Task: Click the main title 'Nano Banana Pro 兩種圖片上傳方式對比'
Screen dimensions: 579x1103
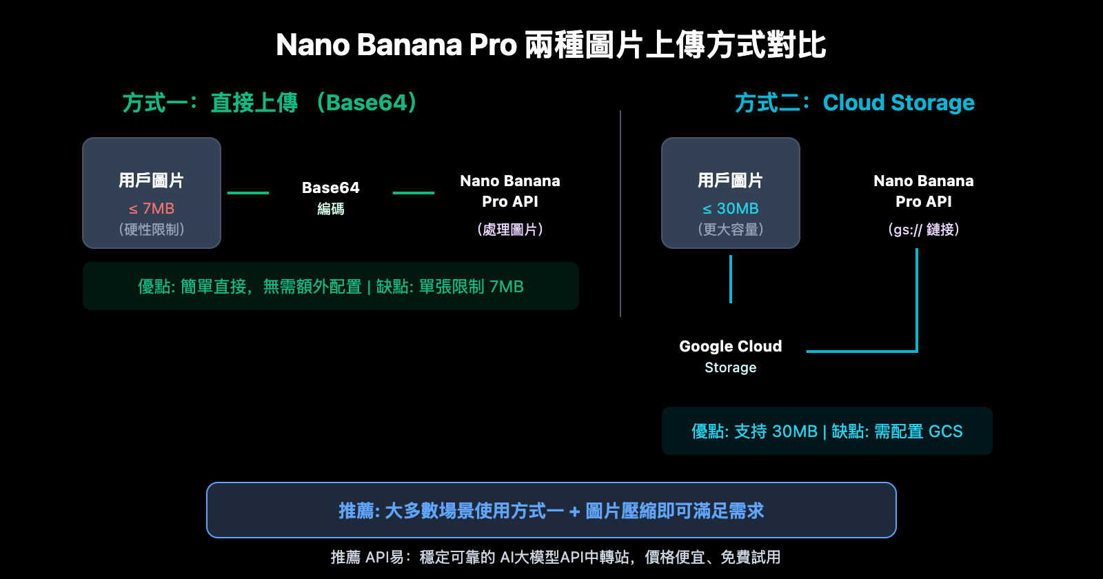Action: pyautogui.click(x=551, y=45)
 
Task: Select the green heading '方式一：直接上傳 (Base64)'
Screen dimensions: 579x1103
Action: pyautogui.click(x=270, y=103)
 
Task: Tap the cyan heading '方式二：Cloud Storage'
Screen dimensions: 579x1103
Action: pyautogui.click(x=854, y=103)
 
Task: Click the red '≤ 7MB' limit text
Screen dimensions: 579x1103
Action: pyautogui.click(x=152, y=208)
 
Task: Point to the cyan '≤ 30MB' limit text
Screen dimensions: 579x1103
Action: pyautogui.click(x=731, y=208)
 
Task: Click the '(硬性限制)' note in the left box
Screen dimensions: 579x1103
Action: pyautogui.click(x=152, y=229)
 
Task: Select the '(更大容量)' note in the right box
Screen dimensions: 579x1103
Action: pyautogui.click(x=731, y=229)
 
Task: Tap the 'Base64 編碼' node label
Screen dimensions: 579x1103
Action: pyautogui.click(x=331, y=197)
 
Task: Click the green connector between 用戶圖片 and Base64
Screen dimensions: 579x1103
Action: pyautogui.click(x=248, y=193)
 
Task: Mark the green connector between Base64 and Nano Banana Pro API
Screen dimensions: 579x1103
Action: pyautogui.click(x=414, y=193)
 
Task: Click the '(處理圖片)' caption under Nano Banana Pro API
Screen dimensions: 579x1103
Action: pyautogui.click(x=510, y=229)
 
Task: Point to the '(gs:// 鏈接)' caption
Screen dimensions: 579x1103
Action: pyautogui.click(x=924, y=229)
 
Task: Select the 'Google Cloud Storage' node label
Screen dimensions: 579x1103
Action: pyautogui.click(x=731, y=356)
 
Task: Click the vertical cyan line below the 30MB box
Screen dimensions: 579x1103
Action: pyautogui.click(x=731, y=279)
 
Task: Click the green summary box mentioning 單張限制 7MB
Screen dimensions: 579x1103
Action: pyautogui.click(x=331, y=286)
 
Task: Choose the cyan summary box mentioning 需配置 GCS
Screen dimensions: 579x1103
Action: pyautogui.click(x=827, y=431)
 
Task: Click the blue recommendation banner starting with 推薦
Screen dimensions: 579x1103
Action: pyautogui.click(x=551, y=510)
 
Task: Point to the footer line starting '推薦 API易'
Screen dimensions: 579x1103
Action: pyautogui.click(x=555, y=557)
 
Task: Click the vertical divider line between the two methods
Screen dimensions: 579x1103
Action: pyautogui.click(x=620, y=214)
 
